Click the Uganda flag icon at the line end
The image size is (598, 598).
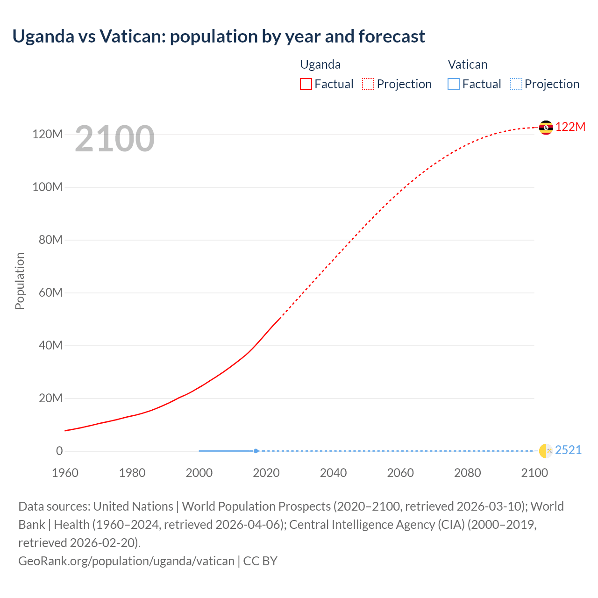pyautogui.click(x=546, y=127)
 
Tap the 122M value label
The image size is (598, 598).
pyautogui.click(x=570, y=127)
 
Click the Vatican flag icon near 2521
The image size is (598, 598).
pyautogui.click(x=546, y=451)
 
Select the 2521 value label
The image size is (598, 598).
pyautogui.click(x=568, y=450)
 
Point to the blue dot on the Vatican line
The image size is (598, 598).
pyautogui.click(x=256, y=451)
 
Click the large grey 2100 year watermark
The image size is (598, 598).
pyautogui.click(x=114, y=138)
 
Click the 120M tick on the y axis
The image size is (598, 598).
pyautogui.click(x=47, y=135)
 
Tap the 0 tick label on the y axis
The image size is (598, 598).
pyautogui.click(x=59, y=451)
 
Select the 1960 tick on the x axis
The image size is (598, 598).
pyautogui.click(x=65, y=473)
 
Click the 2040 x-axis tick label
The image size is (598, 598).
pyautogui.click(x=333, y=473)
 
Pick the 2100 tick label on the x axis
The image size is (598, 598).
pyautogui.click(x=534, y=473)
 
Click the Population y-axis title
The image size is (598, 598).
pyautogui.click(x=20, y=281)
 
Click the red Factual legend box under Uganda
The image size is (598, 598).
pyautogui.click(x=306, y=84)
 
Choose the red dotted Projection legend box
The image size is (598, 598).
pyautogui.click(x=368, y=84)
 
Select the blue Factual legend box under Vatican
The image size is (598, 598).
pyautogui.click(x=453, y=84)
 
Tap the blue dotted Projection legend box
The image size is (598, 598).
pyautogui.click(x=516, y=84)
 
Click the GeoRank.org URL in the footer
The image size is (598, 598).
pyautogui.click(x=126, y=561)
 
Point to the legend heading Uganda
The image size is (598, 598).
pyautogui.click(x=320, y=64)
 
